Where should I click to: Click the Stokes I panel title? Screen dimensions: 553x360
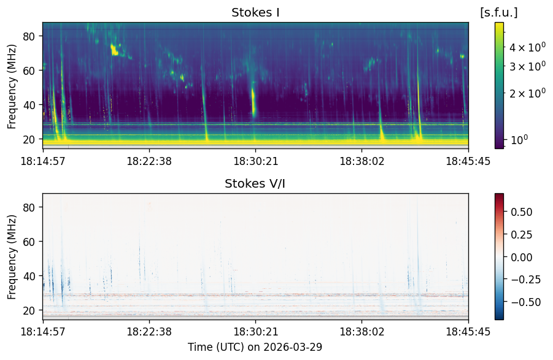click(x=255, y=13)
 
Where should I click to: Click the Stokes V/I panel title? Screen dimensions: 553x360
click(x=255, y=183)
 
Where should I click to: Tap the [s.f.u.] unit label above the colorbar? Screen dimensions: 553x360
click(x=499, y=13)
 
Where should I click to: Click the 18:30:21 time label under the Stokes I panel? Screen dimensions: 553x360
click(x=256, y=161)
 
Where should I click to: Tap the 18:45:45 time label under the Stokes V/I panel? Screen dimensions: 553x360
click(x=468, y=332)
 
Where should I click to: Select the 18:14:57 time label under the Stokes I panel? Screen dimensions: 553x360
click(x=43, y=161)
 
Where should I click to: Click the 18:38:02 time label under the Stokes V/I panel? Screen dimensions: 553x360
click(x=362, y=332)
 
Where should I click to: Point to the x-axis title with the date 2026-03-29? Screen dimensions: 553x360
click(x=255, y=347)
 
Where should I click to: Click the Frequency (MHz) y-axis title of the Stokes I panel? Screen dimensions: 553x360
click(x=12, y=86)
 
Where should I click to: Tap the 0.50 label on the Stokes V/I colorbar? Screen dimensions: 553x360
click(x=521, y=212)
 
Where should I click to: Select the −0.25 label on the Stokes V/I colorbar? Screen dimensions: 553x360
click(x=525, y=280)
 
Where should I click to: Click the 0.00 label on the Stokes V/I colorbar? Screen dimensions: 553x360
click(x=521, y=257)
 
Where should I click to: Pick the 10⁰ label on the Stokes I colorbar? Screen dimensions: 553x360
click(x=519, y=140)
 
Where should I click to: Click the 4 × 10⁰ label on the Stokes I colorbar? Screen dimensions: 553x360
click(x=527, y=47)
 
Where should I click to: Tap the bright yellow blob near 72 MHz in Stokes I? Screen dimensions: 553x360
click(x=114, y=50)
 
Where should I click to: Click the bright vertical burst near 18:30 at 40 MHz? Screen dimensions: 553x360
click(x=253, y=102)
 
